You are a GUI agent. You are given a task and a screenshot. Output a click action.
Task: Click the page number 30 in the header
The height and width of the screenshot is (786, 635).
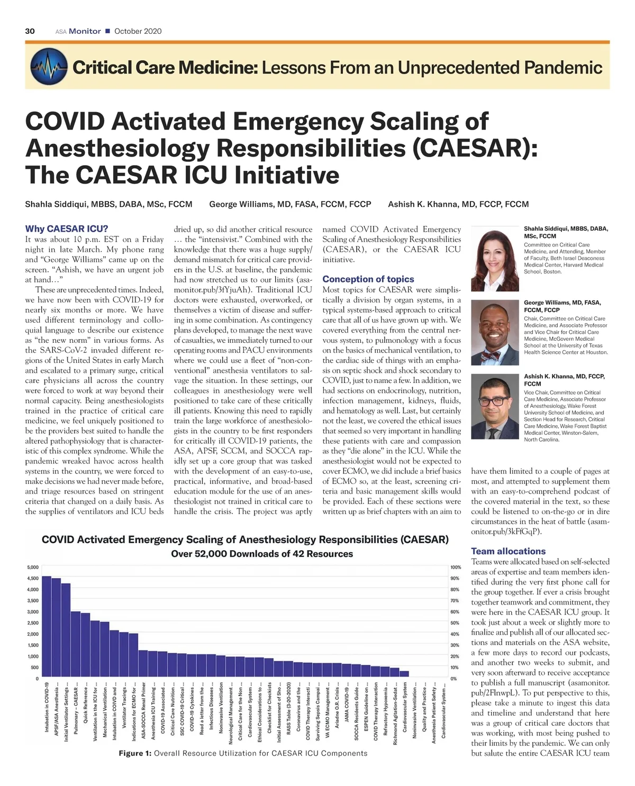30,31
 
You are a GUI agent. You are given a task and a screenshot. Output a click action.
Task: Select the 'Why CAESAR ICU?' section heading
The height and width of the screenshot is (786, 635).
67,229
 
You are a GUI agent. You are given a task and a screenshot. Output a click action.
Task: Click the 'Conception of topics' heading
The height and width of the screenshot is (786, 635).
368,279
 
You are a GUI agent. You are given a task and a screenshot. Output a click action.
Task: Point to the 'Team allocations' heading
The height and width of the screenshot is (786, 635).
508,551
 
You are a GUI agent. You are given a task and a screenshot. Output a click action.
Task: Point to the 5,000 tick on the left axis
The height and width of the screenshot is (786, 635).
33,567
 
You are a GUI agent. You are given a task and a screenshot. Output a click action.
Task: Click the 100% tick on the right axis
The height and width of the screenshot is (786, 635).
456,567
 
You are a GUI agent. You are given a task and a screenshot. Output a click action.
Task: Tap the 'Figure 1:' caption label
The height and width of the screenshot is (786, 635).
135,753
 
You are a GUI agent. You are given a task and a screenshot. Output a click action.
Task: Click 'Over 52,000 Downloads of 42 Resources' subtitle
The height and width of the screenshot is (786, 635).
262,554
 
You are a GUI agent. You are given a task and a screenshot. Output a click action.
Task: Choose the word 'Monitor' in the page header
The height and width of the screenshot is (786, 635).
85,31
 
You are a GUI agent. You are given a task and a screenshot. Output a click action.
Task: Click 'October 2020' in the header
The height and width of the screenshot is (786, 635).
138,31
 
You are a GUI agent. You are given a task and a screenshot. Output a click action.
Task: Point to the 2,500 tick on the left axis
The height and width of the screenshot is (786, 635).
33,623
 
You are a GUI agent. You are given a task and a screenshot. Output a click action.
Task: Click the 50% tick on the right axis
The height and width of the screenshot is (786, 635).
455,623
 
